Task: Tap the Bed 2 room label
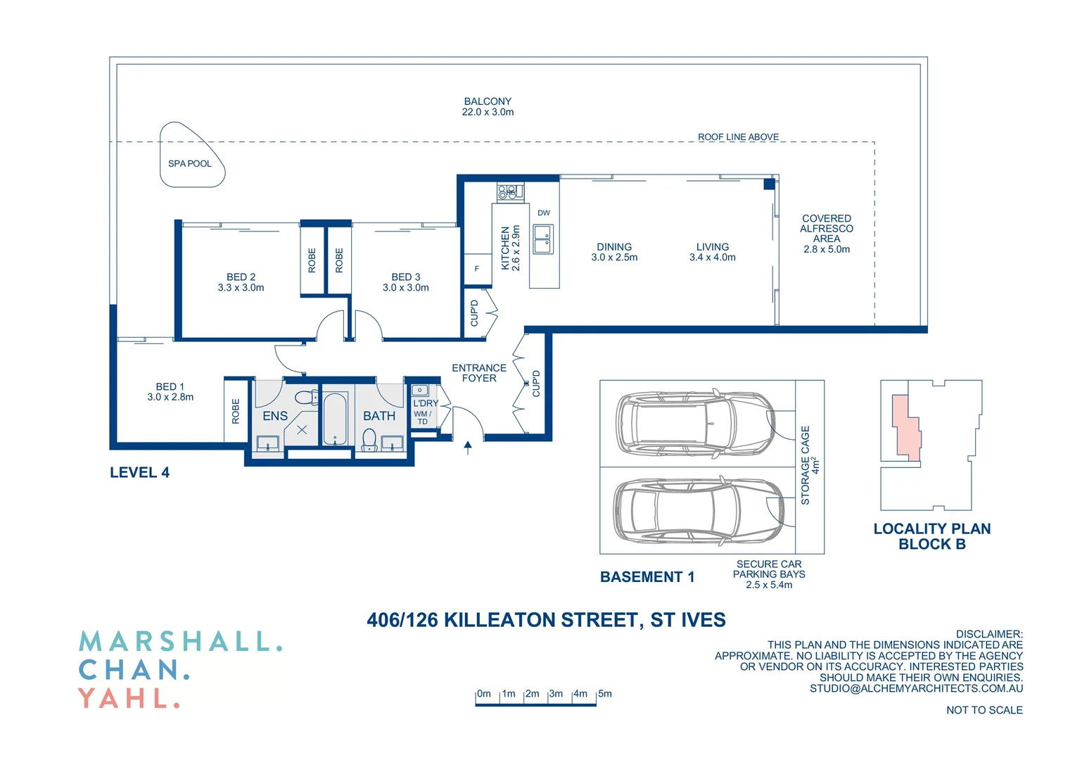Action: click(x=241, y=277)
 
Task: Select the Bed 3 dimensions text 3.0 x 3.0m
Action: click(x=406, y=288)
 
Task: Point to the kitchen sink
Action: click(x=542, y=239)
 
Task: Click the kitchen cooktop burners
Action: click(x=510, y=191)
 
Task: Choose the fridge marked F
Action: click(x=477, y=269)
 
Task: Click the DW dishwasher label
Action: click(x=544, y=213)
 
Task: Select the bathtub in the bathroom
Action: click(x=335, y=419)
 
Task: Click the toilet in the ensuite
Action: click(x=305, y=398)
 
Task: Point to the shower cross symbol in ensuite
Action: click(x=302, y=429)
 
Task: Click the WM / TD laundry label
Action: click(x=423, y=418)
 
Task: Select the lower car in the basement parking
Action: click(x=696, y=510)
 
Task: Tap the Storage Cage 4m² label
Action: click(x=810, y=465)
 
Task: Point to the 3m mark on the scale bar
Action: click(x=556, y=694)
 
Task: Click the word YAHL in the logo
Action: click(x=129, y=698)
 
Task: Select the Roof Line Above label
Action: click(x=738, y=137)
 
